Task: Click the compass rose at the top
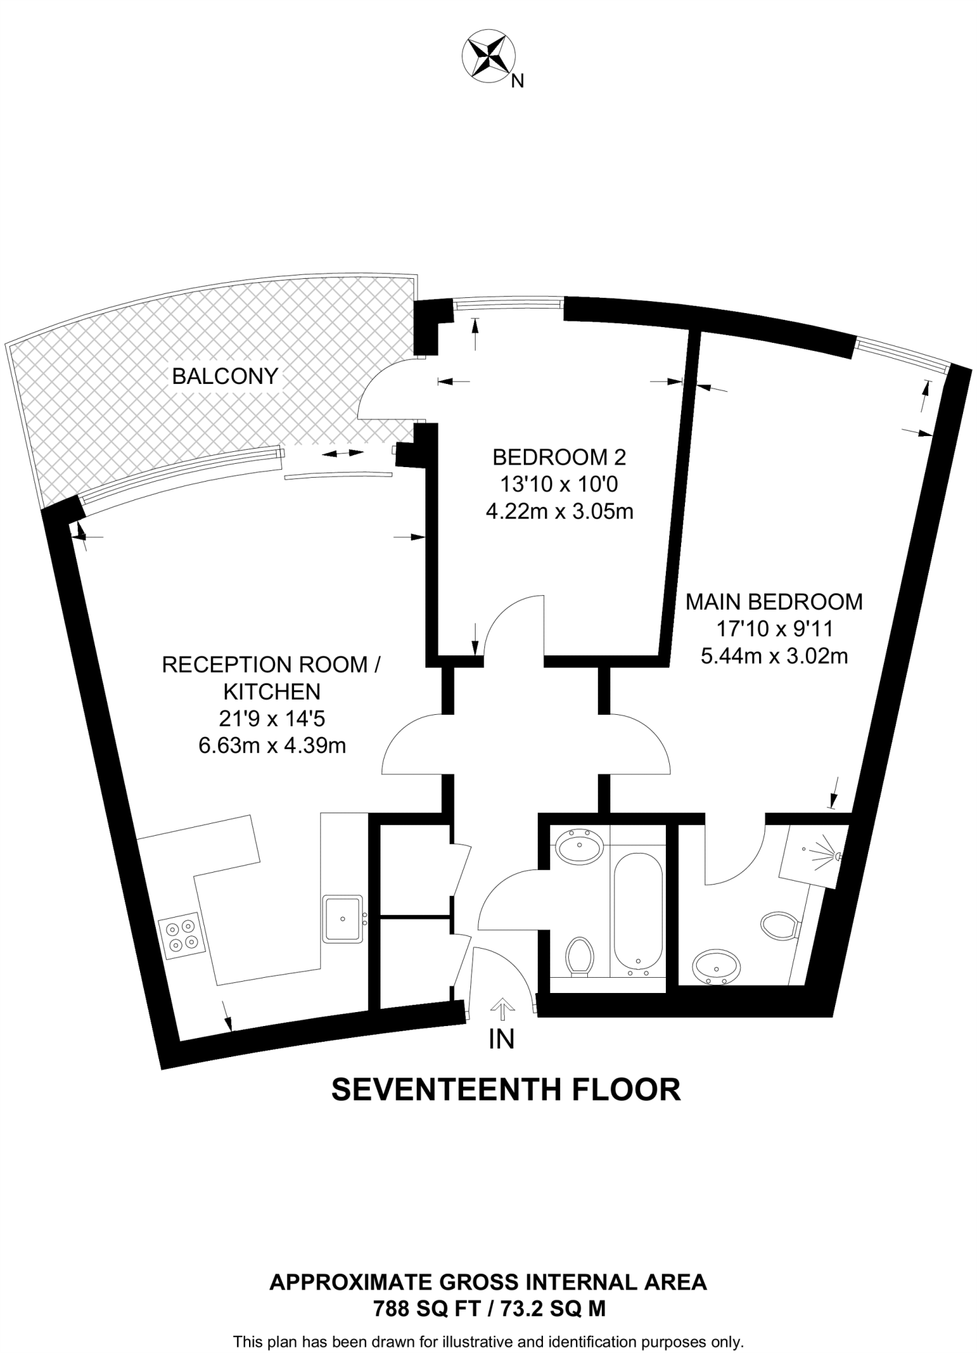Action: pos(488,57)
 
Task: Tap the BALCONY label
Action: pos(225,377)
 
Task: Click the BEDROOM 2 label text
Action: pos(559,457)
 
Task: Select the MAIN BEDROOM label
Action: pos(774,601)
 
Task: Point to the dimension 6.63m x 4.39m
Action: pos(272,746)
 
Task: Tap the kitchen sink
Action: pos(342,918)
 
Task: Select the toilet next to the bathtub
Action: pos(579,955)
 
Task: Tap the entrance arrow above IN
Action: pos(502,1009)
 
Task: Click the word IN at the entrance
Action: pos(501,1039)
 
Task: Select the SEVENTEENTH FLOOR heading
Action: pos(505,1090)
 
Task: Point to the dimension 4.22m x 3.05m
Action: pos(559,512)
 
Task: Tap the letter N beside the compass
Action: pos(518,81)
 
